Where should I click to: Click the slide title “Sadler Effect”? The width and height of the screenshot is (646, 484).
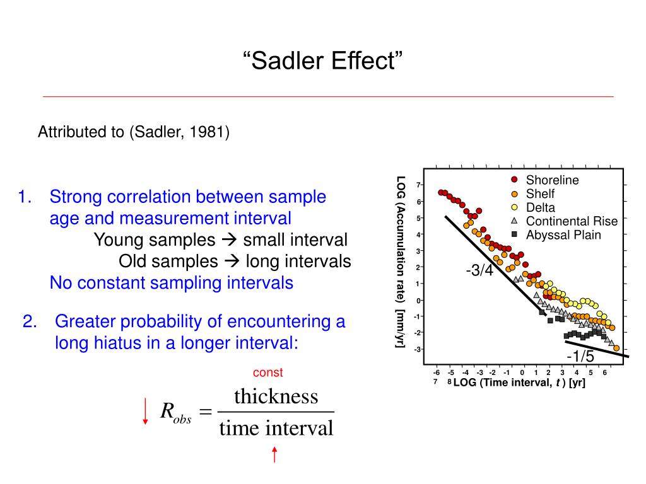point(322,62)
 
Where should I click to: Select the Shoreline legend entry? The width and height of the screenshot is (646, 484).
point(552,180)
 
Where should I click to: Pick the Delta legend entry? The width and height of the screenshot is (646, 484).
point(541,207)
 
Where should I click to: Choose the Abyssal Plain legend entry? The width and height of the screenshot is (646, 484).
point(563,235)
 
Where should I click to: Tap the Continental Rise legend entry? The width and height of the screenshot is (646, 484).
point(572,221)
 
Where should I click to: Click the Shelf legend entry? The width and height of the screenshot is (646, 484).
point(540,194)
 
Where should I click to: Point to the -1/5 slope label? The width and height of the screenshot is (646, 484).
point(580,357)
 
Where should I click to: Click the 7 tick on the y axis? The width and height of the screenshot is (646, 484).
point(418,185)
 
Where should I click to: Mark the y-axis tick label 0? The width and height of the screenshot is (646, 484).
point(418,300)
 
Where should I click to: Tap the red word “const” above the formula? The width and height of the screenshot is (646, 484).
point(267,372)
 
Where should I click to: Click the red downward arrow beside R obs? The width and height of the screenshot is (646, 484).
point(145,412)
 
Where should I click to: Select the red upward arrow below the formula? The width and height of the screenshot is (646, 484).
point(274,455)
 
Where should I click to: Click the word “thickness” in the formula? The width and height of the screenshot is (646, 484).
point(276,397)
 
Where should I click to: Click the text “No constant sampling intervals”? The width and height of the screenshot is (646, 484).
point(172,283)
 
